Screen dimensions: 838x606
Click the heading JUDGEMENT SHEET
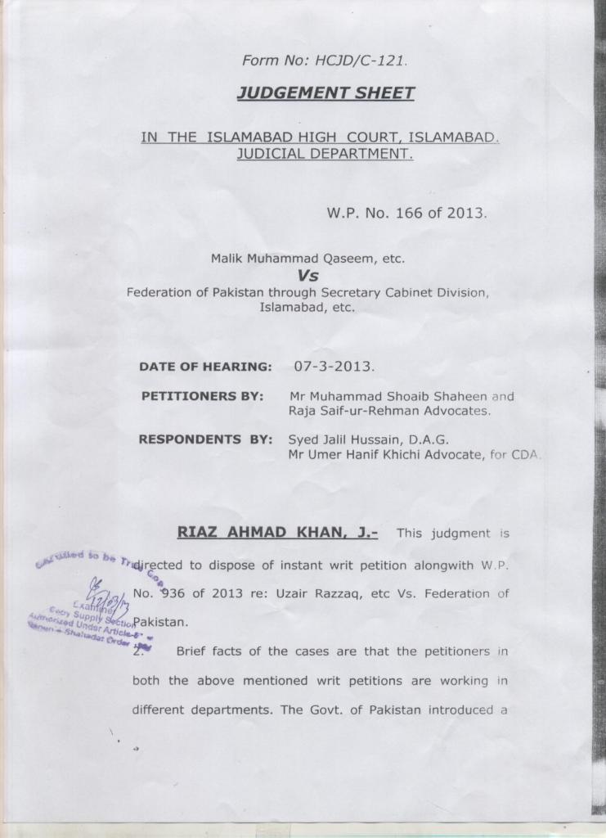coord(325,93)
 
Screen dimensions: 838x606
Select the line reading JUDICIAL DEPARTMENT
coord(325,153)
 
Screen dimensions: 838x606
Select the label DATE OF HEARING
coord(205,367)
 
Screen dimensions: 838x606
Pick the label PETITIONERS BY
coord(202,396)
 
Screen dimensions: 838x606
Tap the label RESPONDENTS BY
coord(204,439)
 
